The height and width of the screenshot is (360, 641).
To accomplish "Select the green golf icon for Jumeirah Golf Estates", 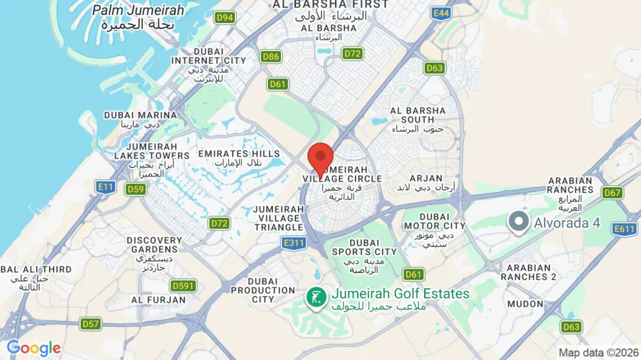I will pyautogui.click(x=315, y=295).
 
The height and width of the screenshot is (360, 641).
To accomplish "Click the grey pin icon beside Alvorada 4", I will pyautogui.click(x=518, y=222).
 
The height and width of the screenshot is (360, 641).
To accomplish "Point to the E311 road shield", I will pyautogui.click(x=292, y=243).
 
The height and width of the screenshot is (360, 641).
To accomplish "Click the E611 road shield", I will pyautogui.click(x=624, y=228).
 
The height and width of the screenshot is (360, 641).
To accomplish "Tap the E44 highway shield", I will pyautogui.click(x=441, y=13).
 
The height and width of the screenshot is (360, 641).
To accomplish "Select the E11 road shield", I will pyautogui.click(x=106, y=186).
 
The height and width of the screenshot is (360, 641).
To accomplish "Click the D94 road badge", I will pyautogui.click(x=225, y=17).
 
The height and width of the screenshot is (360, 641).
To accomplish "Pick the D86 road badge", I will pyautogui.click(x=271, y=56).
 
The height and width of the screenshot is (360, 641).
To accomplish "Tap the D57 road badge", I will pyautogui.click(x=90, y=324).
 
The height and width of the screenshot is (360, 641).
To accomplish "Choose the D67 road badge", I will pyautogui.click(x=612, y=192).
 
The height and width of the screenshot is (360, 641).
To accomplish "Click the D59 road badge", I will pyautogui.click(x=135, y=189).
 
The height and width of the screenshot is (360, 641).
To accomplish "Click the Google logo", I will pyautogui.click(x=33, y=348).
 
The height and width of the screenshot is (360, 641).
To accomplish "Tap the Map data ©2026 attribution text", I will pyautogui.click(x=597, y=353).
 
